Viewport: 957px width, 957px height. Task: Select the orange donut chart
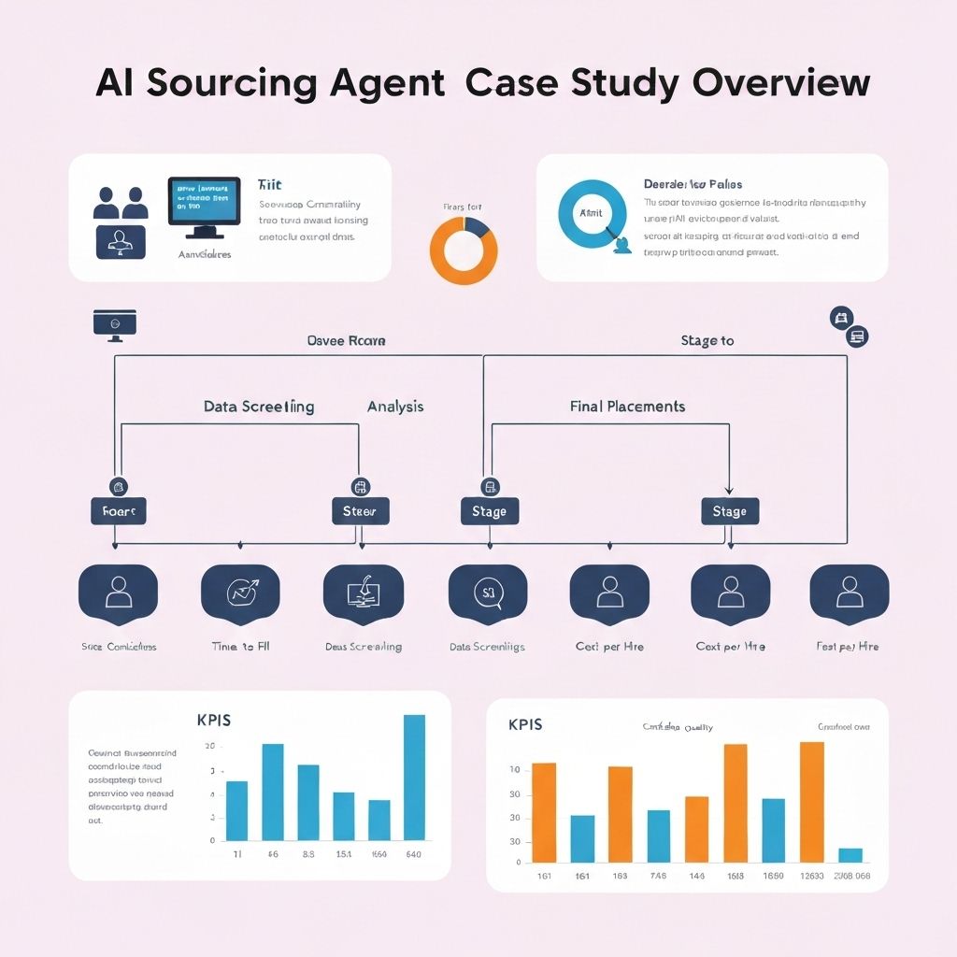(x=464, y=250)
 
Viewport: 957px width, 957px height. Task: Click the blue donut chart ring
(x=592, y=213)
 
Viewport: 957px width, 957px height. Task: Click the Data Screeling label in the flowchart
(x=259, y=407)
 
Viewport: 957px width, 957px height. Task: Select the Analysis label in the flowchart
(x=395, y=407)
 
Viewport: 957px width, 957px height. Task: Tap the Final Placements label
(x=627, y=407)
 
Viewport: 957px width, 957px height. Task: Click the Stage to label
(x=707, y=341)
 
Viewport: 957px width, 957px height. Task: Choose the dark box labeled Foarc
(x=118, y=511)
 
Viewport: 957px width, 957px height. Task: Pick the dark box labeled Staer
(x=360, y=511)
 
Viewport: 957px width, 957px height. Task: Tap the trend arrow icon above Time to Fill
(x=240, y=591)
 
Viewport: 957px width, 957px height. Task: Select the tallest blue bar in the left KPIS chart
(x=414, y=777)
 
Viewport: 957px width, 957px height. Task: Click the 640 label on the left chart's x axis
(x=412, y=854)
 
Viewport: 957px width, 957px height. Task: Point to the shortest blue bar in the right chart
(x=850, y=854)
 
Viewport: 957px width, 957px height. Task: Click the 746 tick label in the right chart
(x=658, y=876)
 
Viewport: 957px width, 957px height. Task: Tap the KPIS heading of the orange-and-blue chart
(x=525, y=724)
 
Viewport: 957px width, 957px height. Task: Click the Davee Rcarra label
(x=346, y=341)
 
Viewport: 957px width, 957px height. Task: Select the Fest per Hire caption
(x=847, y=647)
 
